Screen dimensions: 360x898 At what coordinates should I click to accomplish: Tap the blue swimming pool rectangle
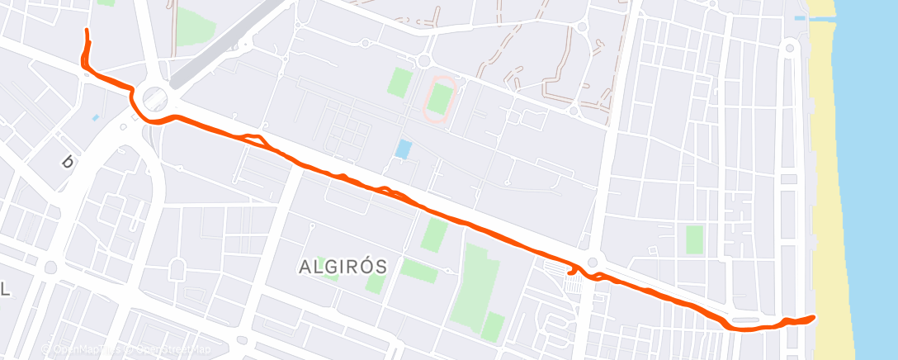404,149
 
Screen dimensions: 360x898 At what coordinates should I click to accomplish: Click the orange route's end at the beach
813,317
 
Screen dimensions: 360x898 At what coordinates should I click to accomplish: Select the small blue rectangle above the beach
798,17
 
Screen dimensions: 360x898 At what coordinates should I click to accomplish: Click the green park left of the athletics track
400,82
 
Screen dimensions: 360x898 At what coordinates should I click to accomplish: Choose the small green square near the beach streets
694,239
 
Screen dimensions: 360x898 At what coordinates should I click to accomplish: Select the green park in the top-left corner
195,28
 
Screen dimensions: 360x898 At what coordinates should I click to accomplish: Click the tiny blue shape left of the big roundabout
96,117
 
